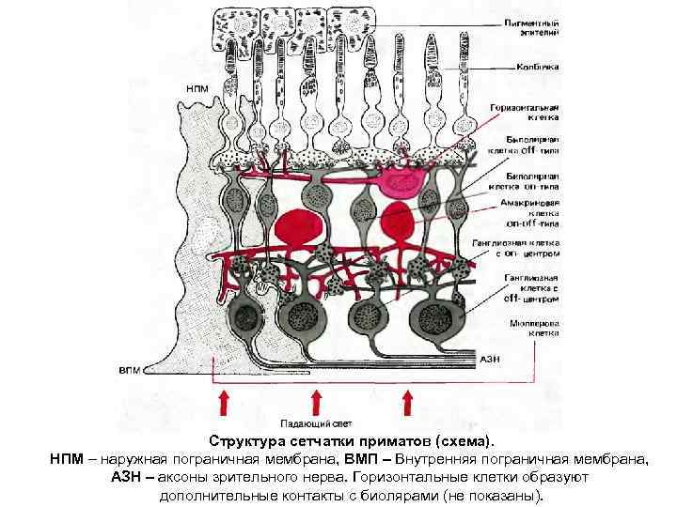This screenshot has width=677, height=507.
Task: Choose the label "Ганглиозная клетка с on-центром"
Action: (x=528, y=246)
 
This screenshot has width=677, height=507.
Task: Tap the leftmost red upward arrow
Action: (x=225, y=403)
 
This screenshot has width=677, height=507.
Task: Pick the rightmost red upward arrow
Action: (x=408, y=403)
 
